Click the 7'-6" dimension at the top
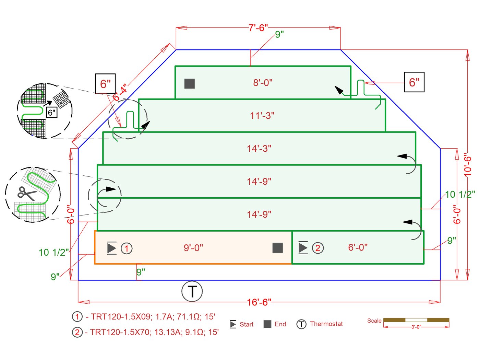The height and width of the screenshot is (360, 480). tap(258, 27)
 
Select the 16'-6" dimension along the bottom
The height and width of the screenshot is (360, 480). tap(259, 302)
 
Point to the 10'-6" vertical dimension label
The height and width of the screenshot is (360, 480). tap(468, 165)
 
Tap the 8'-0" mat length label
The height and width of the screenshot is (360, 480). tap(263, 83)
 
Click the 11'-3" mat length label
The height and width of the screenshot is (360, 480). tap(262, 116)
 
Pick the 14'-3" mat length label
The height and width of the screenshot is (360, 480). tap(259, 149)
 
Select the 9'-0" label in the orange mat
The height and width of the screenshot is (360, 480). tap(193, 248)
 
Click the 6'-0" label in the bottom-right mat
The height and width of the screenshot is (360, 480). tap(358, 247)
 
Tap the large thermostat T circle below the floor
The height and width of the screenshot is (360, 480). tap(192, 291)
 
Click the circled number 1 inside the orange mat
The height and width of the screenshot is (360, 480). tap(127, 248)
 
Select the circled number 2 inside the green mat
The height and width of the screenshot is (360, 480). tap(317, 248)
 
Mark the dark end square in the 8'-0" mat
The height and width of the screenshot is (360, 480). tap(190, 83)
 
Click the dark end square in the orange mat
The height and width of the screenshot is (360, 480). tap(278, 248)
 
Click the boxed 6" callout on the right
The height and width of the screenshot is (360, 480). tap(414, 82)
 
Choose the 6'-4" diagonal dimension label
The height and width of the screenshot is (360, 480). tap(120, 92)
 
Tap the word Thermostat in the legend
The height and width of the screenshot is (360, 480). tap(326, 324)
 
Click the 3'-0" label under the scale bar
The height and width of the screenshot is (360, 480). tap(416, 327)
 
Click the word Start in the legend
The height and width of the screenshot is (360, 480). tap(246, 324)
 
